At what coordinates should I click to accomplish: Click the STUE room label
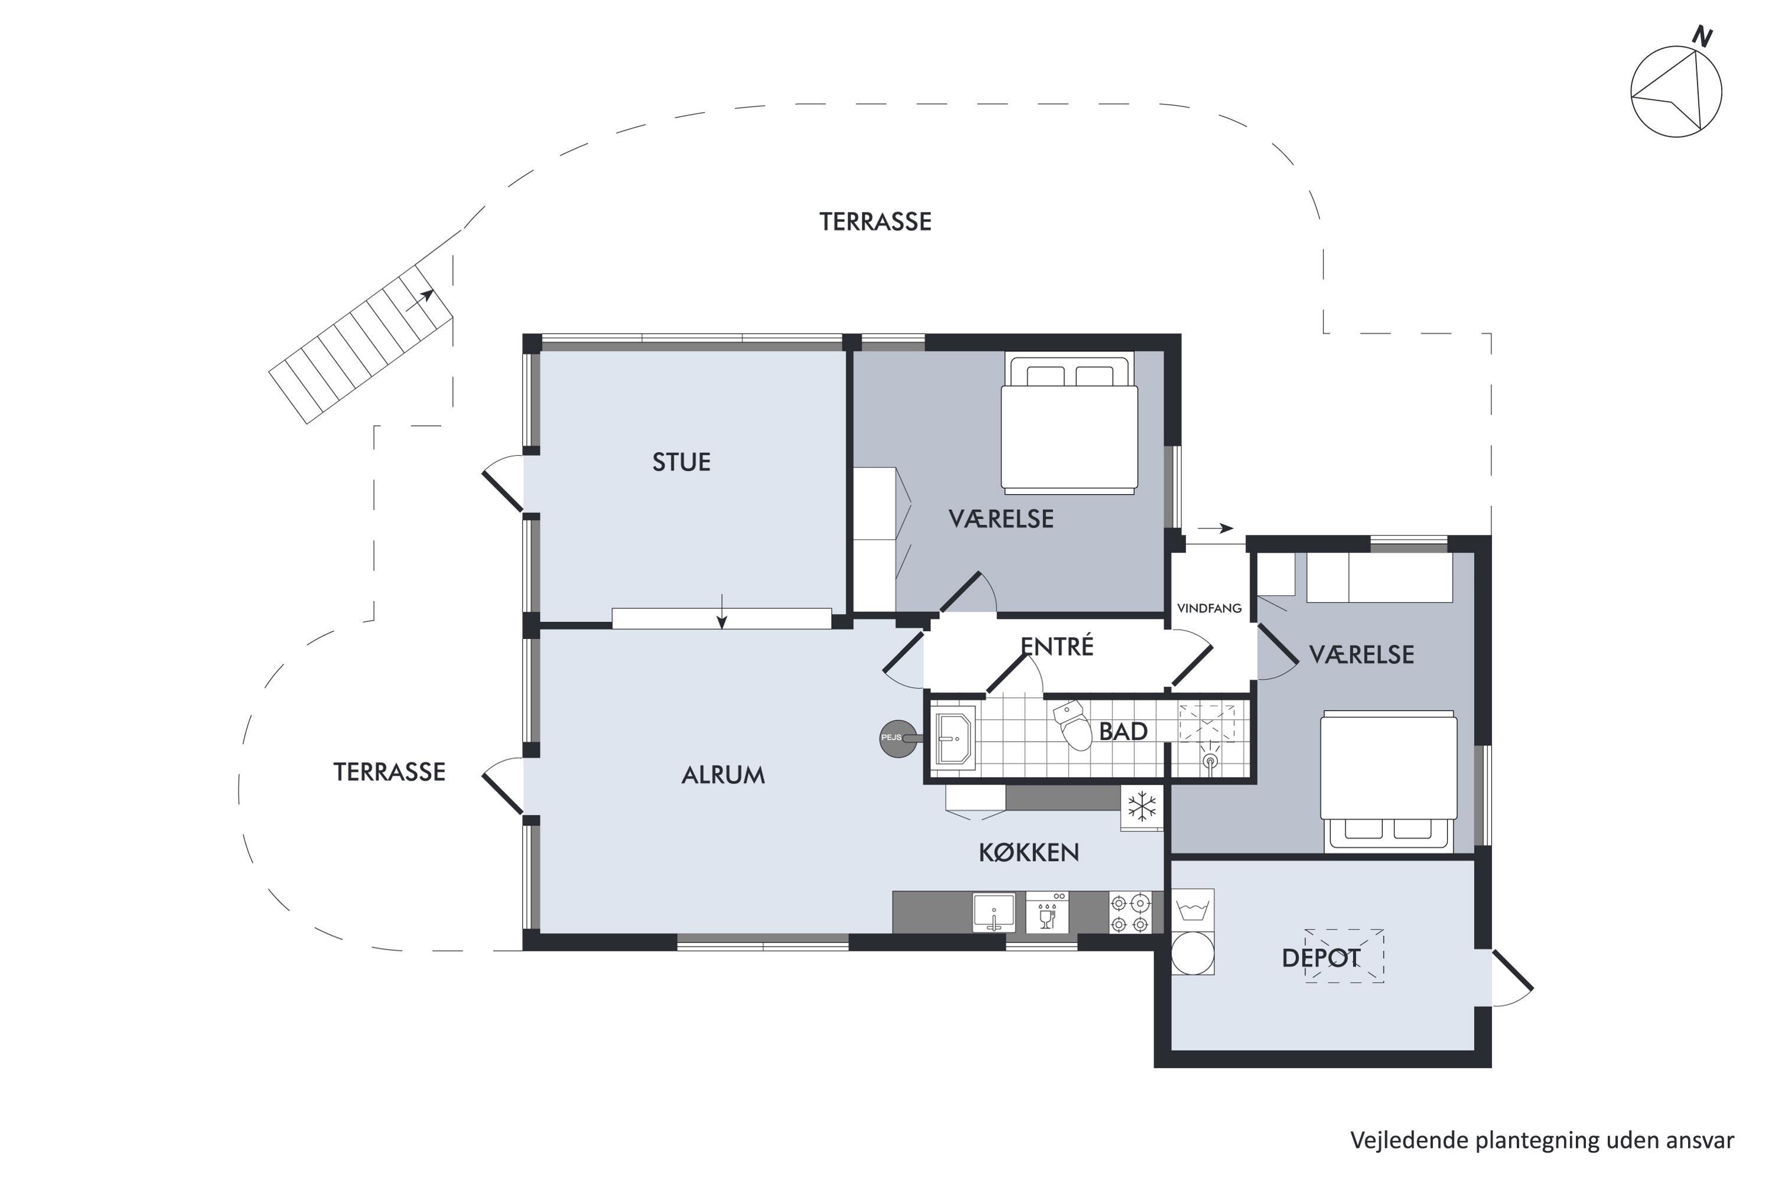(x=681, y=462)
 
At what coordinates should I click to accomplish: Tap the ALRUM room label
(x=723, y=775)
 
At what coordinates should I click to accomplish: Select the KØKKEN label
(x=1028, y=852)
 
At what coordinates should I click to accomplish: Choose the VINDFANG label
(x=1209, y=608)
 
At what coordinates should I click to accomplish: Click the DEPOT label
(x=1321, y=957)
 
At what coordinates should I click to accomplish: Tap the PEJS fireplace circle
(x=897, y=738)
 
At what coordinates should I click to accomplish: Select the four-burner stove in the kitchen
(x=1130, y=913)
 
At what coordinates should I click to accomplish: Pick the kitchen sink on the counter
(x=994, y=912)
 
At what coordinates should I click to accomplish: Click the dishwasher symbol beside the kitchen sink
(x=1047, y=912)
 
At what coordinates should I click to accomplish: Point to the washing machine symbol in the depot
(x=1193, y=932)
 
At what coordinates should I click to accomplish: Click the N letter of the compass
(x=1702, y=36)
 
